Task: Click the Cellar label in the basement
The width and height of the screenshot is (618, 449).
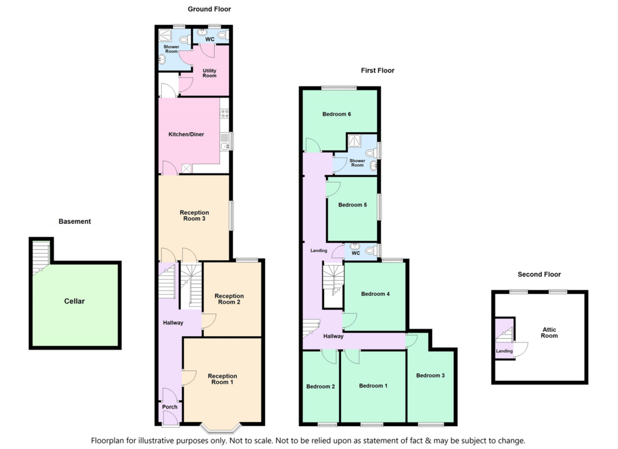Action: coord(74,301)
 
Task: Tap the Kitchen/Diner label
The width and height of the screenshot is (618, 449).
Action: coord(186,135)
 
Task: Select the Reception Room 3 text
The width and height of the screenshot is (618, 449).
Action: coord(194,215)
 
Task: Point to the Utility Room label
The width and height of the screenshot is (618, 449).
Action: coord(209,73)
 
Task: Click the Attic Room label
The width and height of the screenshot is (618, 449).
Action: coord(549,333)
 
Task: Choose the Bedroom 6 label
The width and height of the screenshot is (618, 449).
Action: coord(337,114)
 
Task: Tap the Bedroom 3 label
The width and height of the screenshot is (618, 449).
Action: coord(430,375)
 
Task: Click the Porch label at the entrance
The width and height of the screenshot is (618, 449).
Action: coord(170,407)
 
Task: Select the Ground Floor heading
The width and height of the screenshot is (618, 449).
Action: coord(209,9)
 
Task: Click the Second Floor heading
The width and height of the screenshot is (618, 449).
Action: coord(539,275)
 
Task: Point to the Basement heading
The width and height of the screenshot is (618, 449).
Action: coord(74,221)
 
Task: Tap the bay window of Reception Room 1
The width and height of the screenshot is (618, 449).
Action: coord(221,428)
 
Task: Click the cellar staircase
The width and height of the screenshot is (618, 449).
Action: coord(40,258)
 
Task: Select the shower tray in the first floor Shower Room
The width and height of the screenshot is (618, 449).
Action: coord(355,141)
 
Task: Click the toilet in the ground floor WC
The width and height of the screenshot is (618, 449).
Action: coord(223,36)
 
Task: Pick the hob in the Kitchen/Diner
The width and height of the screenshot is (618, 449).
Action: coord(225,114)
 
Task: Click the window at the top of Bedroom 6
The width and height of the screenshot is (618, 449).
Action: coord(339,88)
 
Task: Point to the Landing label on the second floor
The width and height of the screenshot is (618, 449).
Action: coord(505,351)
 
